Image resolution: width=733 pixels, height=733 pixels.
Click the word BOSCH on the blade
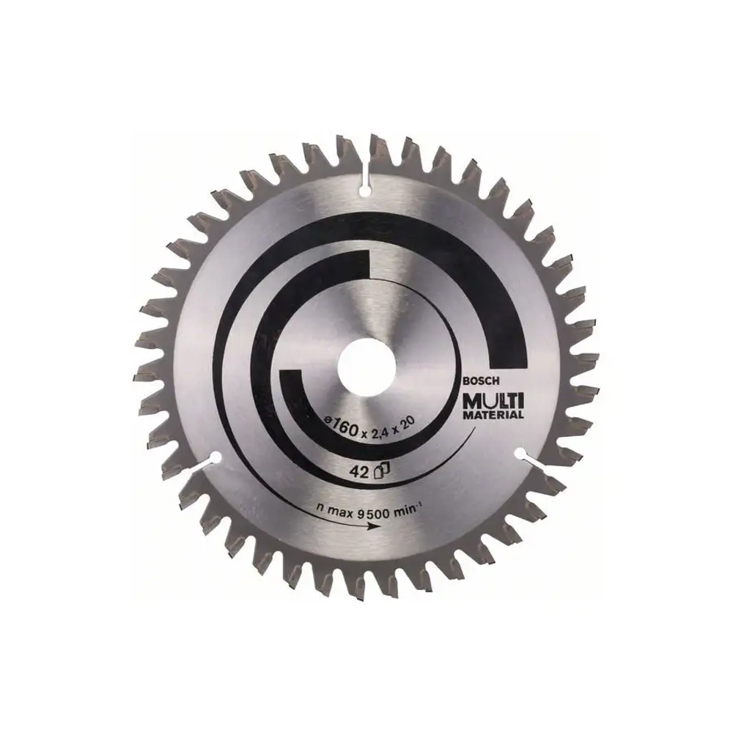(481, 382)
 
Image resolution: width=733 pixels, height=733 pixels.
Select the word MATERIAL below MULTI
(493, 415)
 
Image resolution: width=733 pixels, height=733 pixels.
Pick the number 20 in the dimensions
(408, 424)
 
